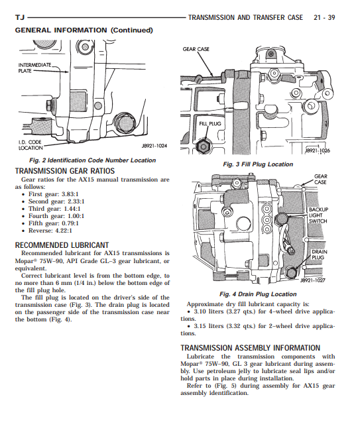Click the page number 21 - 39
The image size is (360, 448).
[324, 18]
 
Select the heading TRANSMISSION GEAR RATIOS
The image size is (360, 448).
[65, 171]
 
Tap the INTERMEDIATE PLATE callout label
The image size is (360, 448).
[34, 68]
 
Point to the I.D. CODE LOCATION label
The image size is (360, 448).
[30, 145]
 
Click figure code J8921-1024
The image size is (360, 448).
[154, 146]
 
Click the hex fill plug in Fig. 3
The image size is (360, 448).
[204, 147]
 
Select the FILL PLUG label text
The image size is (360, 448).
[210, 124]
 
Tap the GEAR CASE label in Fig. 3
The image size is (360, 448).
[196, 49]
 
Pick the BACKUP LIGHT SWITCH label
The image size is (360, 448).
[318, 215]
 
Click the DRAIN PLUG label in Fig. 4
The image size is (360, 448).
[320, 254]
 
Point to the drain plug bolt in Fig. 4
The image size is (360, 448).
[291, 272]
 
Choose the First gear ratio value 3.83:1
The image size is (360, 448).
[70, 194]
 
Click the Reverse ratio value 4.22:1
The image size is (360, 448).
[64, 231]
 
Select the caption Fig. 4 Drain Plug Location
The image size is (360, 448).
[258, 294]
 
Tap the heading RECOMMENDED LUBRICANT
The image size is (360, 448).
[62, 245]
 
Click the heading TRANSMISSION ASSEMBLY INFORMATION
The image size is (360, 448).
[251, 348]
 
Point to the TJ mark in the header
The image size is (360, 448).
[20, 18]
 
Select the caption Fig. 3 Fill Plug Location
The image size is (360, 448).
[258, 164]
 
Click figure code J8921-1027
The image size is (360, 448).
[312, 280]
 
